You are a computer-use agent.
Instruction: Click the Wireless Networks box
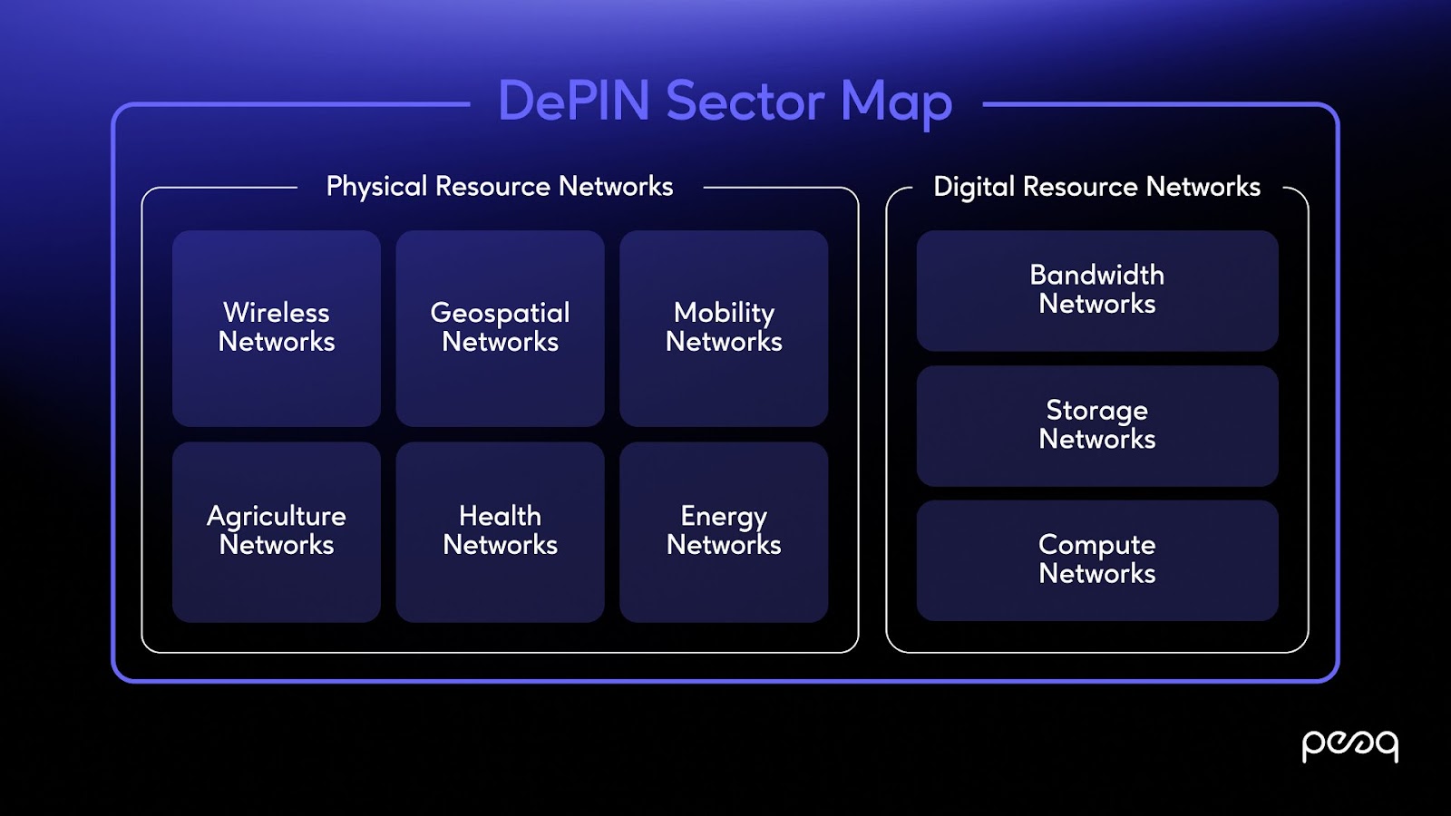click(277, 327)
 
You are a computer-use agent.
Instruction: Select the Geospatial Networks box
click(500, 327)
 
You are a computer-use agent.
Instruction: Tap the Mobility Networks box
click(724, 327)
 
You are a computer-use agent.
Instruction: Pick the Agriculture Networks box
click(277, 531)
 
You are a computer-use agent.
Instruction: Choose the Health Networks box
click(500, 531)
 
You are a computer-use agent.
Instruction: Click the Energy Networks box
click(724, 531)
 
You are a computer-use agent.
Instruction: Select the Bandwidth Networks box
click(1097, 290)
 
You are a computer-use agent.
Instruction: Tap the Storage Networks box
click(1097, 425)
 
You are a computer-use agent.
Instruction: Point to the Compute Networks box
click(1097, 559)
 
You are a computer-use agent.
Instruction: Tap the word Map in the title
click(896, 102)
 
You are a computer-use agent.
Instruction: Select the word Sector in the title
click(745, 101)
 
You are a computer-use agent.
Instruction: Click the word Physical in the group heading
click(376, 187)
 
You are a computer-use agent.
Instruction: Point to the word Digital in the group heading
click(974, 187)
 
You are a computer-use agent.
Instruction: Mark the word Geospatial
click(500, 314)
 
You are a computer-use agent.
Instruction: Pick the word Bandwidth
click(1097, 275)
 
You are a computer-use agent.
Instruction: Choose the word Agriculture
click(277, 517)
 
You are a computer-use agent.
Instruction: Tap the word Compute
click(1097, 546)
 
